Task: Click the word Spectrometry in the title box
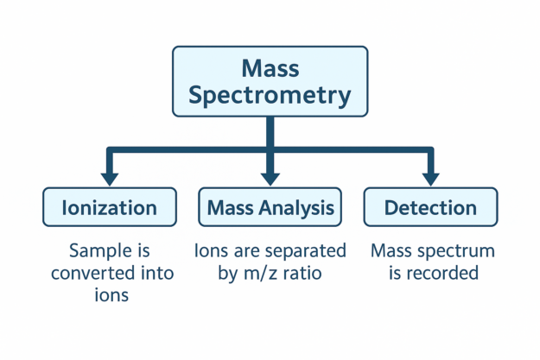click(270, 94)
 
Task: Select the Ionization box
click(110, 207)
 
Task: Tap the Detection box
click(430, 207)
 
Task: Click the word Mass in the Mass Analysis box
click(230, 207)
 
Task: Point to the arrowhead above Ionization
click(110, 178)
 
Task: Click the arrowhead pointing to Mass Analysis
click(270, 178)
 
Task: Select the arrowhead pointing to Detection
click(430, 178)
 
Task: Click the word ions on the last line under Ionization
click(111, 295)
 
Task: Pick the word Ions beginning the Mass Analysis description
click(212, 251)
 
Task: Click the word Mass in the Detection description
click(392, 251)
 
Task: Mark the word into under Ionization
click(156, 274)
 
